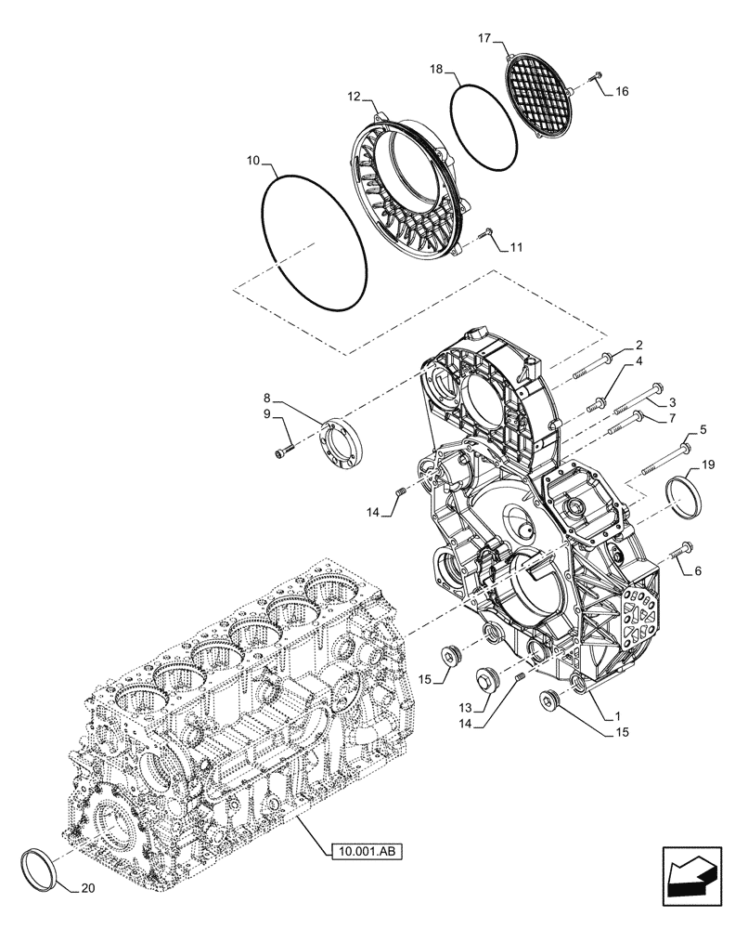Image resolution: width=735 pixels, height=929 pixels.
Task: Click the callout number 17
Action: [484, 38]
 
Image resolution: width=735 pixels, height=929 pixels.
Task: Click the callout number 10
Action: [252, 161]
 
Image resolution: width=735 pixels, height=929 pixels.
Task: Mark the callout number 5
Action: [702, 431]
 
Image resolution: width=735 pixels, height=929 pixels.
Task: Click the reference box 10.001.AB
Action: [368, 849]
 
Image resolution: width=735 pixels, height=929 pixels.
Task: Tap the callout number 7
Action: [669, 420]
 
